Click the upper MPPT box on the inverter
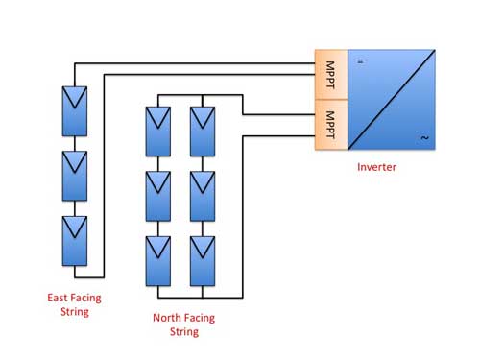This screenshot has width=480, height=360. coord(331,75)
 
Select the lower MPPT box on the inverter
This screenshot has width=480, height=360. coord(331,125)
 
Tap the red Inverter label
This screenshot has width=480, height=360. coord(376,167)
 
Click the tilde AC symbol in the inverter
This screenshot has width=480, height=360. coord(424,138)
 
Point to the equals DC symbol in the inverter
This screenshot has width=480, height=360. coord(360,61)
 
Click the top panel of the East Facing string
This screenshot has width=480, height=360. coord(75,111)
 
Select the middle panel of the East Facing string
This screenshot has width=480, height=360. coord(75,176)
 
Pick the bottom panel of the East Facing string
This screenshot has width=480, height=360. coord(75,241)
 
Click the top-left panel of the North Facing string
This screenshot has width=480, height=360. coord(158,132)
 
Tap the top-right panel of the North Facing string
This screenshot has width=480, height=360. coord(203,132)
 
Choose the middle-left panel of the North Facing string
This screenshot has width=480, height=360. coord(158,196)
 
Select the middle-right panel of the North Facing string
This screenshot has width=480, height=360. coord(203,196)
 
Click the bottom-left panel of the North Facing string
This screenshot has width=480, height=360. coord(158,261)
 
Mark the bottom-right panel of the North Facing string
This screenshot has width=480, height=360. coord(203,261)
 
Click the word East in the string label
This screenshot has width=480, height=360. coord(58,298)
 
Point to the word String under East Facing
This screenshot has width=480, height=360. coord(75,312)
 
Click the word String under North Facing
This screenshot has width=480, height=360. coord(184,332)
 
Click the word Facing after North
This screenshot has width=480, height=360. coord(200,319)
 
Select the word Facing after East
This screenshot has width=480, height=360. coord(85,299)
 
